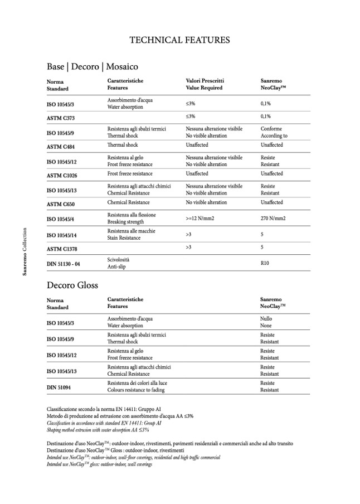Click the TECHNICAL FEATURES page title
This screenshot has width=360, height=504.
[179, 40]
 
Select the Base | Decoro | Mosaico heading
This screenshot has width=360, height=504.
[92, 66]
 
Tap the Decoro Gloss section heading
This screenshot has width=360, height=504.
[72, 285]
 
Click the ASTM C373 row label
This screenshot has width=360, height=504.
[61, 118]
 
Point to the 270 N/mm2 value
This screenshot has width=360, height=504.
[273, 219]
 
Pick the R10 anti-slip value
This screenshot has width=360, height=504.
[265, 263]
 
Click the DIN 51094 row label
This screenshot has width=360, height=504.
[60, 387]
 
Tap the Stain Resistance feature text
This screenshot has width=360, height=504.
[123, 238]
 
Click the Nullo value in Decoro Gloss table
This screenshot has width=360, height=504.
[266, 318]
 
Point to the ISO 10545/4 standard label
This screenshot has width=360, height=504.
[62, 219]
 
